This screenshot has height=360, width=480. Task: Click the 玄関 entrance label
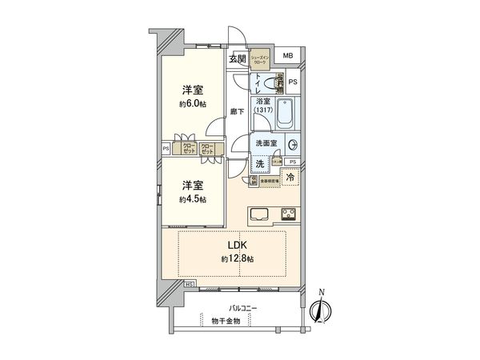point(237,59)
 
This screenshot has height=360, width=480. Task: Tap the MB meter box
point(288,56)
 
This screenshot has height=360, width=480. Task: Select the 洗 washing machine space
point(261,164)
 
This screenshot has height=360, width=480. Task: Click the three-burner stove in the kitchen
point(288,214)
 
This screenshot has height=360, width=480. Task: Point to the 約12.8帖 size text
point(238,260)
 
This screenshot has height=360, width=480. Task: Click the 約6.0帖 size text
point(192,104)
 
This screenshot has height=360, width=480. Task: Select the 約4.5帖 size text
point(192,198)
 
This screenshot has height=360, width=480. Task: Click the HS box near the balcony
point(189,283)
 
